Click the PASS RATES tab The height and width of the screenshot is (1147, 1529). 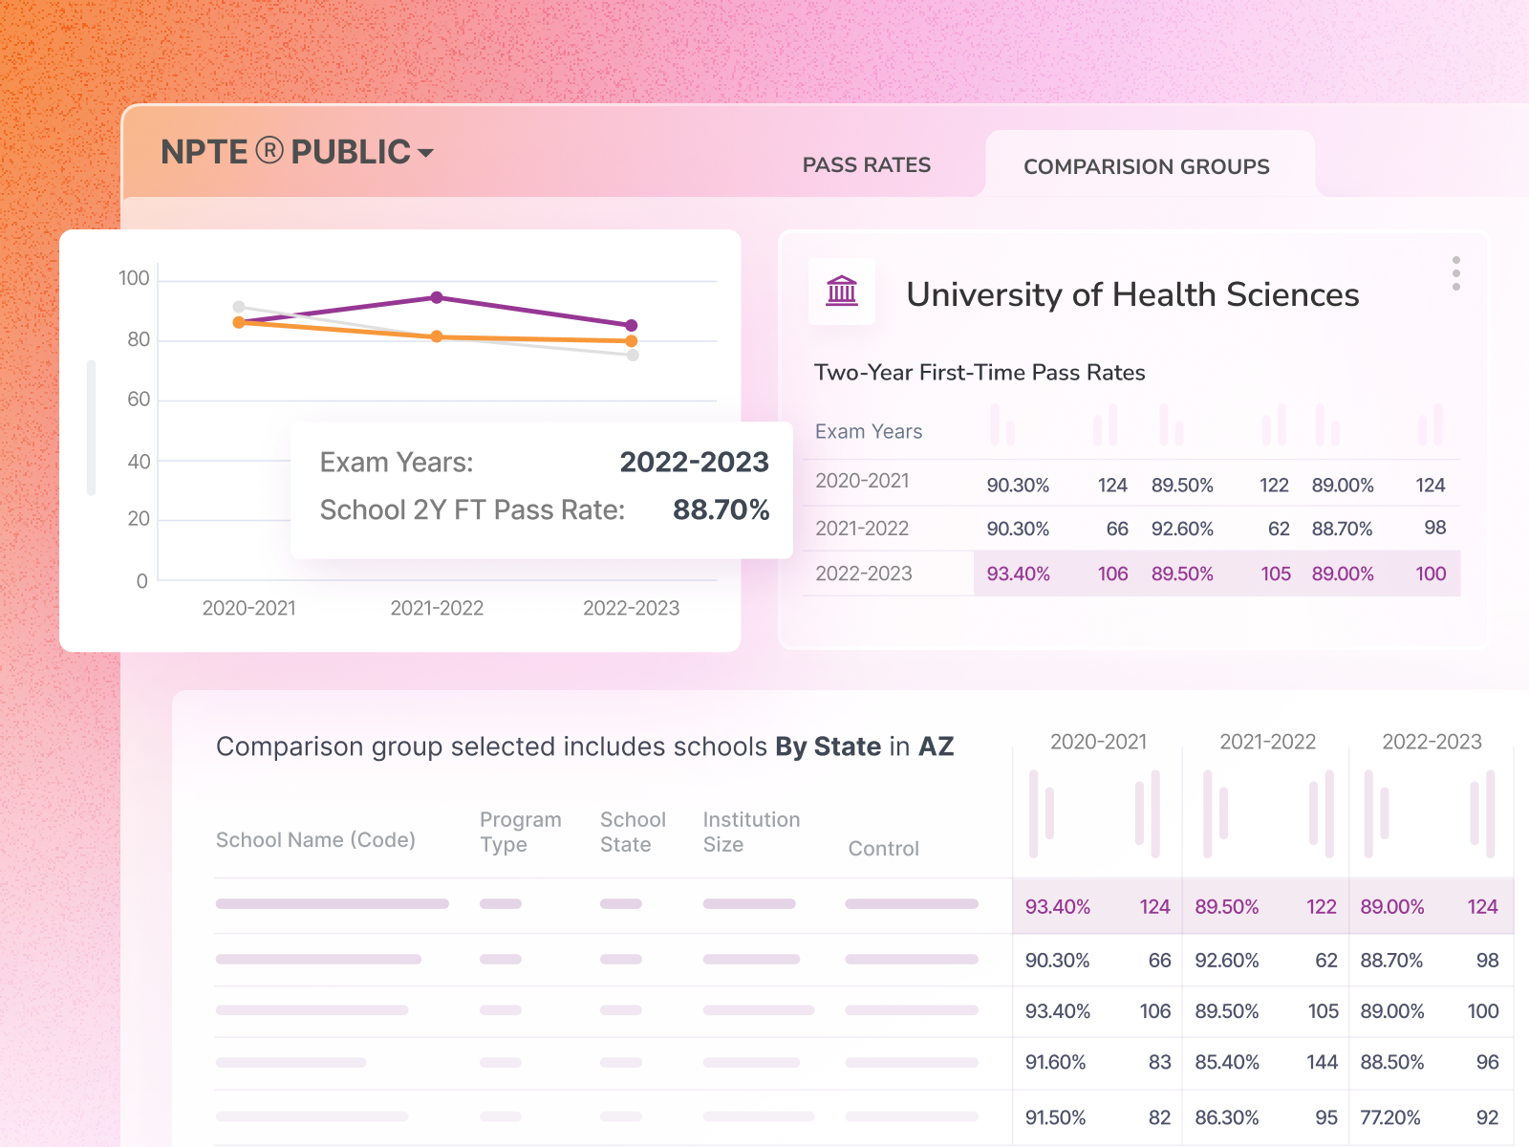866,165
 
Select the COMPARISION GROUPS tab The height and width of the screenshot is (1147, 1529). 1146,166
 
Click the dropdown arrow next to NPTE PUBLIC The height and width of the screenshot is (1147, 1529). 426,153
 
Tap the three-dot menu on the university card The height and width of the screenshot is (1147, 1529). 1455,273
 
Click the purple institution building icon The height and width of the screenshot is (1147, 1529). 842,291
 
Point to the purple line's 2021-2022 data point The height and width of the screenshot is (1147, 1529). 437,297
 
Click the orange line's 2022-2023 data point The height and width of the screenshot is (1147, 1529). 632,341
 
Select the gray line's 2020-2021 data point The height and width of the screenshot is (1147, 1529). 239,307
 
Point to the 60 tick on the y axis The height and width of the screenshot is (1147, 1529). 139,400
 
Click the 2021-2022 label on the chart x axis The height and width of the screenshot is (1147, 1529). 437,608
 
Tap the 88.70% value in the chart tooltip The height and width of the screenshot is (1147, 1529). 721,509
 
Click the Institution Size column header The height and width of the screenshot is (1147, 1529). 751,832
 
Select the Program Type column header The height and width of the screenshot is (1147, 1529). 520,832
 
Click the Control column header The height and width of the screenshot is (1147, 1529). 883,849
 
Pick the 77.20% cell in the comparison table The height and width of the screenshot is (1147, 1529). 1390,1117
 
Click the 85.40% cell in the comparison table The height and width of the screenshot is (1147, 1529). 1227,1062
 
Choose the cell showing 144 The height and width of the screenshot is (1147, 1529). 1322,1062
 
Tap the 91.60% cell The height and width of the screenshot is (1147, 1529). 1055,1062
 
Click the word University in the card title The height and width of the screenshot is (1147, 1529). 983,294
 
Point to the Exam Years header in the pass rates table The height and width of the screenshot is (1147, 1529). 869,432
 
